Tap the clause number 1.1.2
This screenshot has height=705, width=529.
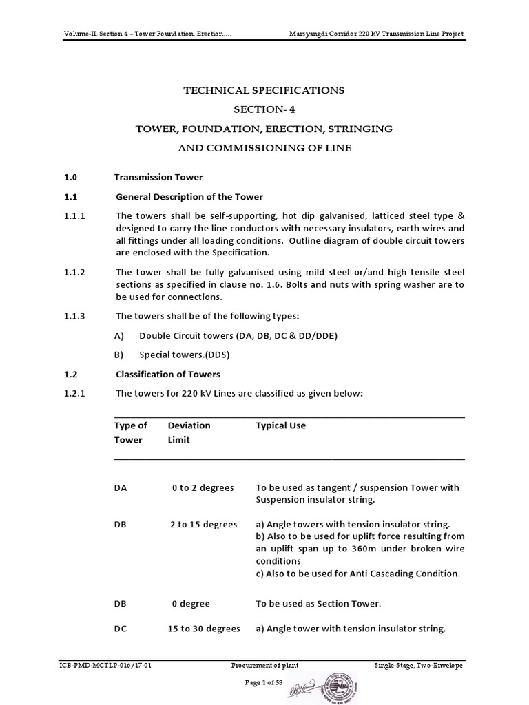point(74,272)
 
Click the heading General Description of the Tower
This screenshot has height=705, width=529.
point(189,197)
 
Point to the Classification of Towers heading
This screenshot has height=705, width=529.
point(167,374)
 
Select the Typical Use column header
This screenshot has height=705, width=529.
point(280,425)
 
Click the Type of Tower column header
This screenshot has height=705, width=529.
point(130,432)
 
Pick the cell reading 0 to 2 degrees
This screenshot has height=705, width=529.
point(203,487)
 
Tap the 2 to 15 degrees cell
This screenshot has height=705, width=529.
point(203,524)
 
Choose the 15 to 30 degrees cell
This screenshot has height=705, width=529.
point(204,629)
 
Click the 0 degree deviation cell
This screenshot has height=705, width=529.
point(191,604)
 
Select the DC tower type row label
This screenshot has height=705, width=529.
point(121,629)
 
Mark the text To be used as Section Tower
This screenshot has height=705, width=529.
point(318,604)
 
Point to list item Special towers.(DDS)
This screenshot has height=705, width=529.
point(184,355)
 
